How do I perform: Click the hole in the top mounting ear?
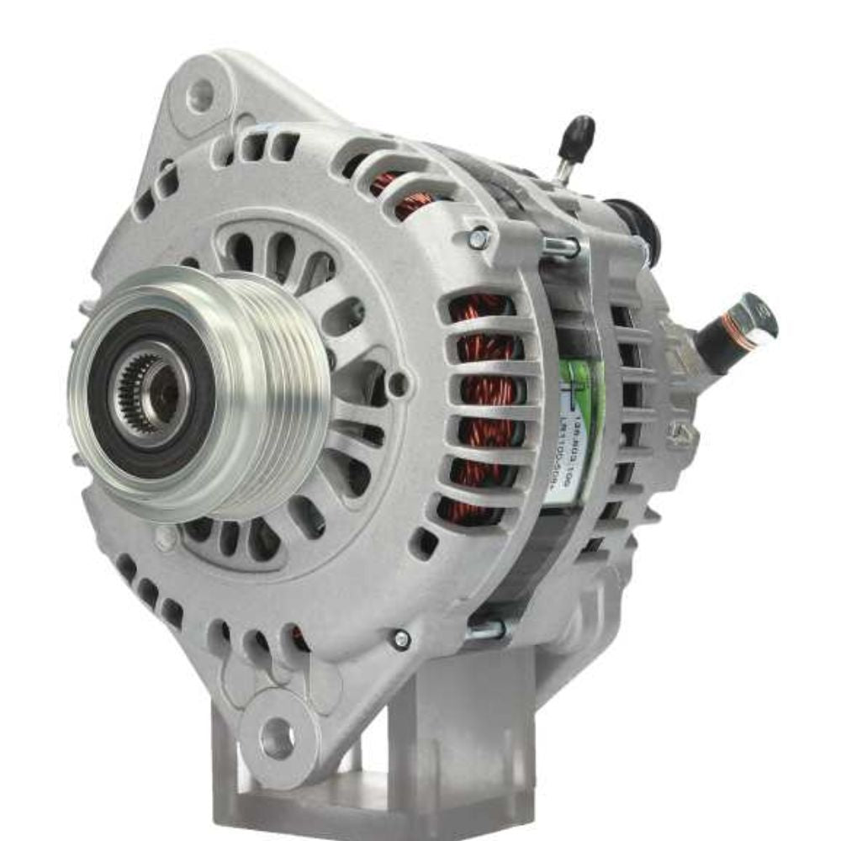click(x=200, y=95)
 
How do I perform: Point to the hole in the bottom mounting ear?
click(x=278, y=738)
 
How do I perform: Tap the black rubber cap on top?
click(x=579, y=136)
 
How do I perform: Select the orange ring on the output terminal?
click(x=730, y=331)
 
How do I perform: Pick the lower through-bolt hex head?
click(x=402, y=639)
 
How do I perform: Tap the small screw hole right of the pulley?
click(x=399, y=383)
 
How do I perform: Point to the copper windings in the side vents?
click(x=483, y=404)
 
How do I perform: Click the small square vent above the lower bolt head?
click(x=424, y=543)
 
